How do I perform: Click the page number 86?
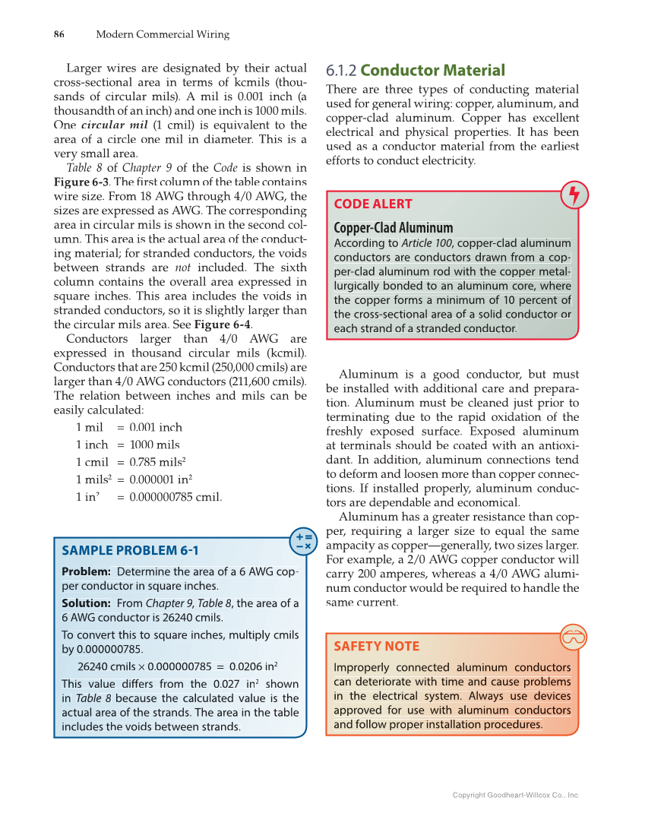pos(58,34)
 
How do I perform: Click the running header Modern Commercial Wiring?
pos(163,34)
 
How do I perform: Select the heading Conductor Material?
pos(432,71)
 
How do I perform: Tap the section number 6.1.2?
pos(341,71)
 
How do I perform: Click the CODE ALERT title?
pos(373,204)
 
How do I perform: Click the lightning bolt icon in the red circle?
pos(574,195)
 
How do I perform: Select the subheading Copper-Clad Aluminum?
pos(393,228)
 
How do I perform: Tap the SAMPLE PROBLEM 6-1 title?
pos(129,550)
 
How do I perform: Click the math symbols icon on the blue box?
pos(303,540)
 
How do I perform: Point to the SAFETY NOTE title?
pos(376,646)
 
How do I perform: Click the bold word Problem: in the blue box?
pos(86,571)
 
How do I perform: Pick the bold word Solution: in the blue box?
pos(88,603)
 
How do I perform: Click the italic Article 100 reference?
pos(425,243)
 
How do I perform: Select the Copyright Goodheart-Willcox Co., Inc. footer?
pos(515,795)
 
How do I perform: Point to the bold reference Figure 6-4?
pos(223,324)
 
